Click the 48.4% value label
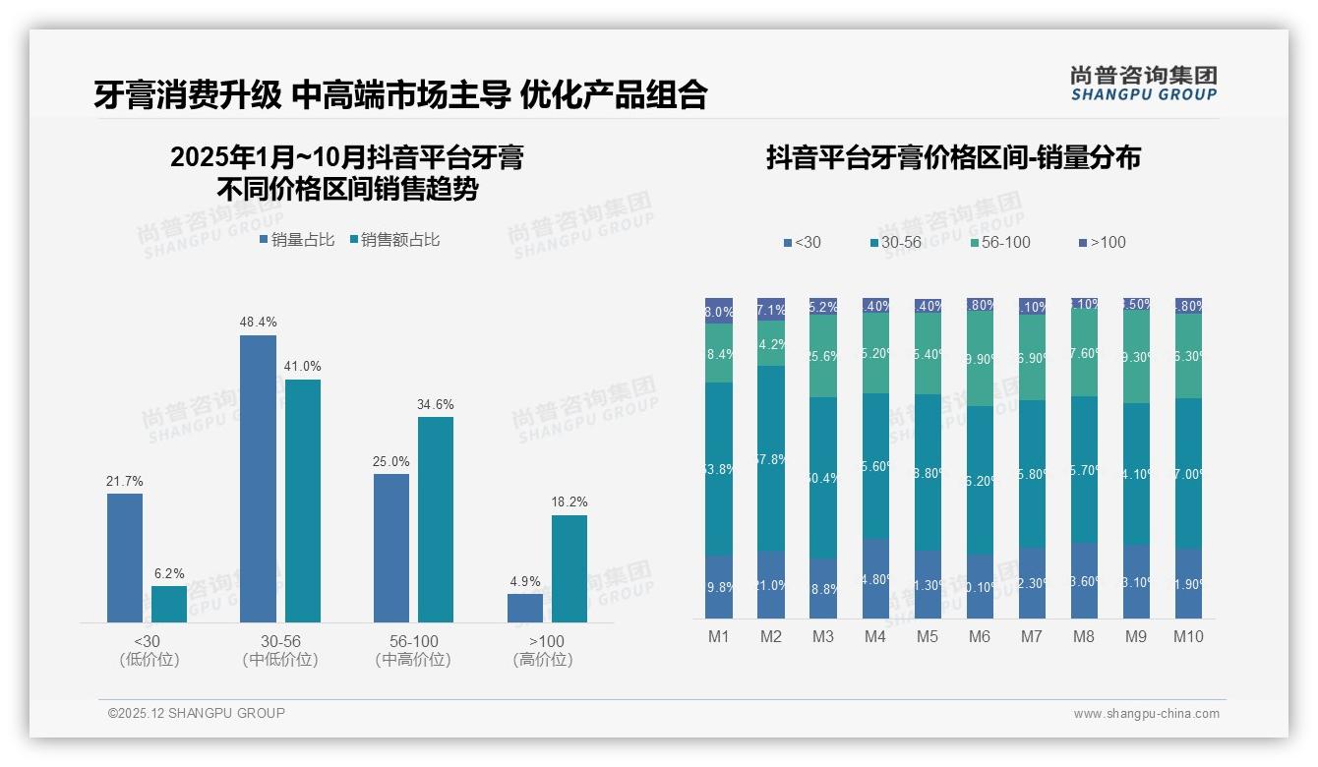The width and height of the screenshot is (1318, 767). coord(258,323)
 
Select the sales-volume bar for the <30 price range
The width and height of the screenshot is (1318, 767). coord(125,558)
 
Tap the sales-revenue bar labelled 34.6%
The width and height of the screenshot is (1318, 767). coord(436,519)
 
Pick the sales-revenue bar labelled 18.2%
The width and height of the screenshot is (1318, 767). coord(569,568)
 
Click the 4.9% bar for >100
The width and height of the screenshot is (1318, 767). coord(525,608)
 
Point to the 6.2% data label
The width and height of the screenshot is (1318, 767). coord(169,573)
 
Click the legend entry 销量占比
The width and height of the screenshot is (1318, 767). coord(297,240)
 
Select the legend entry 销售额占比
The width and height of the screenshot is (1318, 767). coord(394,240)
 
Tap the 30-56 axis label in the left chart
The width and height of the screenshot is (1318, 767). coord(280,641)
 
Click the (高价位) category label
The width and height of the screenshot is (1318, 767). coord(543,660)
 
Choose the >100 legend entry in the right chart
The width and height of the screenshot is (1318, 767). coord(1102,243)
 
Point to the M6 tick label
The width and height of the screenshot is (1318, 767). coord(980,636)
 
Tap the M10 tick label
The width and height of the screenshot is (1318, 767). coord(1188,636)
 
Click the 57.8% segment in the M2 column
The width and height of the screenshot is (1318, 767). coord(771,458)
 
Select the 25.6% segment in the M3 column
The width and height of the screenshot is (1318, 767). coord(823,356)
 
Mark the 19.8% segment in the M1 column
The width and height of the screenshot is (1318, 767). coord(719,587)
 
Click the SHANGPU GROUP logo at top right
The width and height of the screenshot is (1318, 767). coord(1143,84)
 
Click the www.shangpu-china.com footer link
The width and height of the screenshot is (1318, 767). coord(1146,714)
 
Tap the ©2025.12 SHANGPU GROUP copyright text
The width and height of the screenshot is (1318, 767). coord(197,713)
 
